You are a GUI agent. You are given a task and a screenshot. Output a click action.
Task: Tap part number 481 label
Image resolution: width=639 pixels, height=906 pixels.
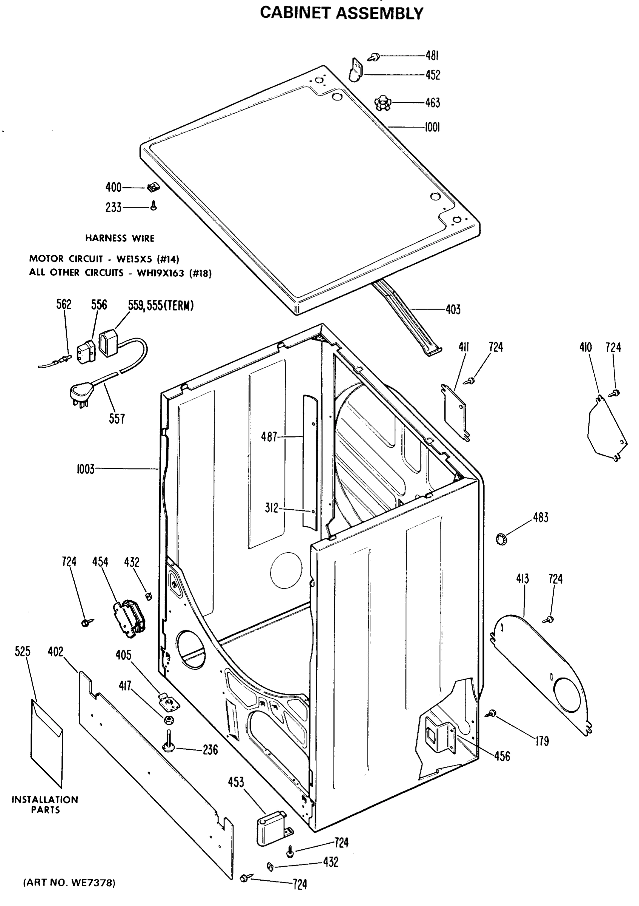(x=432, y=55)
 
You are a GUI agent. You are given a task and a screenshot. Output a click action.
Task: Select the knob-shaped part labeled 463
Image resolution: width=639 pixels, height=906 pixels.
(x=382, y=103)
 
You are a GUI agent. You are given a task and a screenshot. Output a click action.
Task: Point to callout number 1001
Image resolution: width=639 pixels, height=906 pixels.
(x=432, y=127)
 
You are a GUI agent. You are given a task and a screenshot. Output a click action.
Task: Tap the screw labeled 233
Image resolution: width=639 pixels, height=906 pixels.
(x=154, y=205)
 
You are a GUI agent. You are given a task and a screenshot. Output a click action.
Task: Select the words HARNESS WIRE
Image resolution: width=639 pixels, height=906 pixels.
(x=120, y=238)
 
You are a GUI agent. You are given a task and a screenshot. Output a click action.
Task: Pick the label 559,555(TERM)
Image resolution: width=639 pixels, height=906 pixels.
(x=161, y=305)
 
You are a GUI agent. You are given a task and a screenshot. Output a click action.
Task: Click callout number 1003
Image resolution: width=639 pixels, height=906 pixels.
(x=86, y=469)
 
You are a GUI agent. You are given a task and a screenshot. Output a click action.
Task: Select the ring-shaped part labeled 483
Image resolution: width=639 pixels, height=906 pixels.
(x=501, y=539)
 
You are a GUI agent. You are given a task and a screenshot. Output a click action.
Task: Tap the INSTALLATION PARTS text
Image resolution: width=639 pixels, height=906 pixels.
(x=45, y=804)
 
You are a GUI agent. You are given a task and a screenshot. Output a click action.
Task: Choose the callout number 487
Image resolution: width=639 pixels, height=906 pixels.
(x=269, y=436)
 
